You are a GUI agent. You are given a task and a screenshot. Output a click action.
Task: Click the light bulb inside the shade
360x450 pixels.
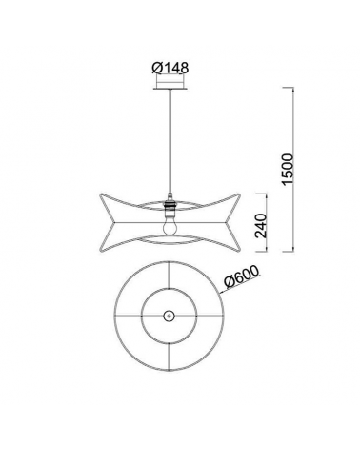coord(169,228)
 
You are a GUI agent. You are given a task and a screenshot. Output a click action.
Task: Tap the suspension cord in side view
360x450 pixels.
coord(169,143)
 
